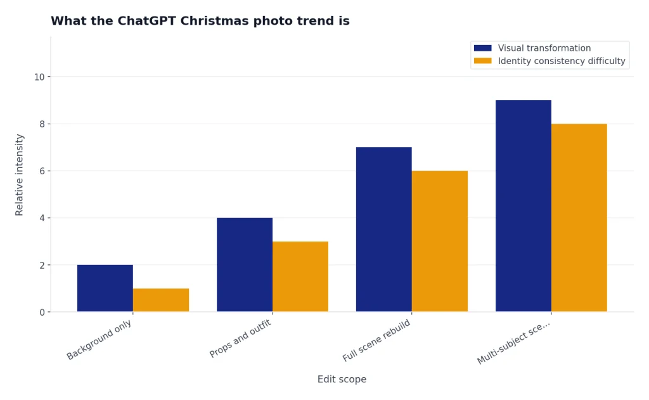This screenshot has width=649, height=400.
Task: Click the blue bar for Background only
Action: point(105,288)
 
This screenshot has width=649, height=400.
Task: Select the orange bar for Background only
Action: point(161,300)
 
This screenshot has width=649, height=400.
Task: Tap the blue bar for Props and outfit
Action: point(245,264)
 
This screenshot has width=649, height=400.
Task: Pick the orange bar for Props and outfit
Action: point(300,276)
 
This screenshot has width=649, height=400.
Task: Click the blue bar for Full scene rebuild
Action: point(383,229)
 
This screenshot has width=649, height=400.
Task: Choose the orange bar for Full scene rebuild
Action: point(440,242)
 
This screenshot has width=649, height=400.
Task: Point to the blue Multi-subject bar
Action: point(523,206)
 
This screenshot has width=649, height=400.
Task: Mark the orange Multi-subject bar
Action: point(579,218)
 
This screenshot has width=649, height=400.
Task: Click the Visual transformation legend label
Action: point(544,48)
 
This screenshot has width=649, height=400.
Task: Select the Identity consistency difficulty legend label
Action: point(562,61)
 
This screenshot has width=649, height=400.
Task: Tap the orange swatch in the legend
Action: point(482,61)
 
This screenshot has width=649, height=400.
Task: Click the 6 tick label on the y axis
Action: point(42,171)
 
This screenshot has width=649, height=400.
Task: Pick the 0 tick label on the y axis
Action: point(42,313)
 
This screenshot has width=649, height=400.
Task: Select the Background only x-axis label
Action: point(99,340)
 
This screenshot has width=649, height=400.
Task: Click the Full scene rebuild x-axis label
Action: point(376,340)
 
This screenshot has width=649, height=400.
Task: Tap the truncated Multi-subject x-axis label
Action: point(513,342)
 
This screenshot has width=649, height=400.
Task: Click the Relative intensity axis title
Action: point(19,175)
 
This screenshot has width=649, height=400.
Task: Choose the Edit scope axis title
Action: point(342,379)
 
